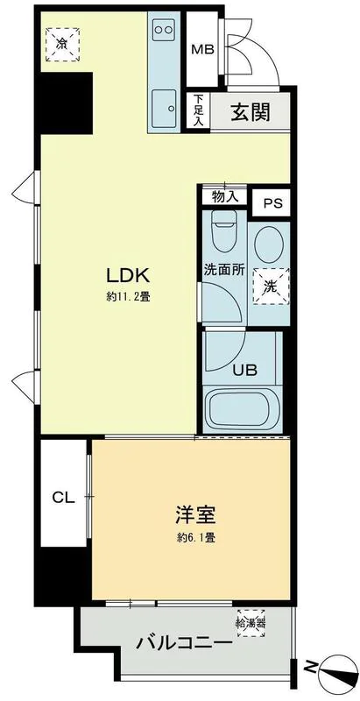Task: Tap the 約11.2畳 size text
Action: coord(129,296)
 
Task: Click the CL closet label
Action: coord(62,498)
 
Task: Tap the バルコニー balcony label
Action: coord(184,643)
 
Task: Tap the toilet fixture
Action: coord(224,234)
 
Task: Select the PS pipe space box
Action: coord(273,203)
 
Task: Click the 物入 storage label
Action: coord(224,196)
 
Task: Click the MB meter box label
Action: coord(202,49)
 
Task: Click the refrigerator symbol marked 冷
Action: coord(61,43)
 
